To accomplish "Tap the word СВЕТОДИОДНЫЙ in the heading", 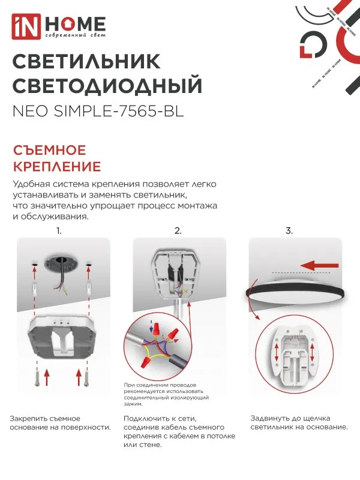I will click(107, 86).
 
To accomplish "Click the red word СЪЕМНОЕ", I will click(50, 150).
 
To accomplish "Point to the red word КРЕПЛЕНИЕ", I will click(57, 166).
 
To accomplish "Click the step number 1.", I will click(59, 230).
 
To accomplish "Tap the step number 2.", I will click(178, 230).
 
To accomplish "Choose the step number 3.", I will click(289, 230).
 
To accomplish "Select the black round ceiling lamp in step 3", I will click(293, 295).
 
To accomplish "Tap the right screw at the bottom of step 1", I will click(88, 377).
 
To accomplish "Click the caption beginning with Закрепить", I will click(61, 422).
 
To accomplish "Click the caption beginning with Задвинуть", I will click(299, 422).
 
